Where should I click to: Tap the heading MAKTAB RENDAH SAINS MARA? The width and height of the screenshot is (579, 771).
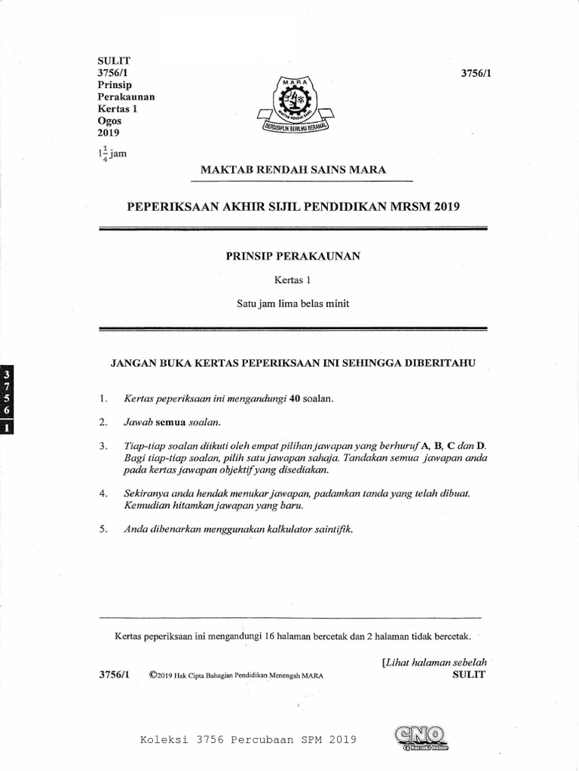[293, 170]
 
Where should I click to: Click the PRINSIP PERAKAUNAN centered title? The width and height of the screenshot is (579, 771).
[293, 256]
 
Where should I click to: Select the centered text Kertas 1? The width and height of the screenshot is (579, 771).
[293, 280]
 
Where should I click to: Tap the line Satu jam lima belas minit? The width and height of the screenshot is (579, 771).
[293, 303]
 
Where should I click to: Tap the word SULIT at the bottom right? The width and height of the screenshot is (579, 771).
[468, 675]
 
